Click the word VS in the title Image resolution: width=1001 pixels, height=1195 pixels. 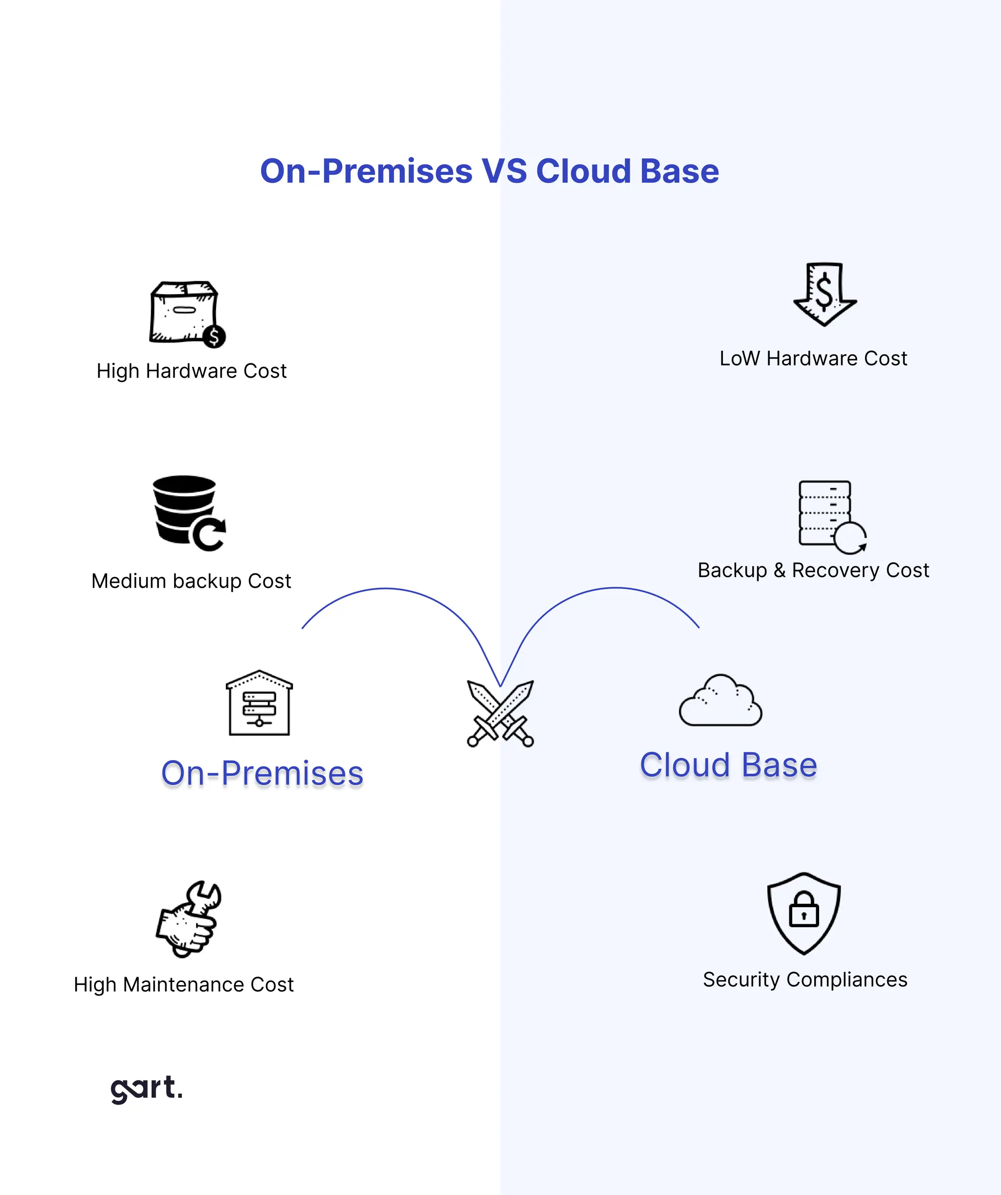pyautogui.click(x=504, y=171)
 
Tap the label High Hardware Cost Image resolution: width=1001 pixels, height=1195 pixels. pyautogui.click(x=191, y=371)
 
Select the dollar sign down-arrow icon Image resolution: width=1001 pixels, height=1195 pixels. pyautogui.click(x=825, y=294)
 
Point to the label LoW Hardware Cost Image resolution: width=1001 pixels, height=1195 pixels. pyautogui.click(x=813, y=359)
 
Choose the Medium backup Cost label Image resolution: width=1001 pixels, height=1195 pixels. pyautogui.click(x=191, y=581)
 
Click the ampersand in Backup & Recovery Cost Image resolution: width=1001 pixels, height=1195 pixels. pyautogui.click(x=779, y=570)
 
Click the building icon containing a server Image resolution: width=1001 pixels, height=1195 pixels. pyautogui.click(x=259, y=704)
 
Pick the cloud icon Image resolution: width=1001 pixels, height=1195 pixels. pyautogui.click(x=720, y=701)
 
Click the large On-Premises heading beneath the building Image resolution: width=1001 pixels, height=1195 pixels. pyautogui.click(x=262, y=773)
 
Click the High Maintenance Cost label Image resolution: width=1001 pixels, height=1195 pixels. pyautogui.click(x=183, y=984)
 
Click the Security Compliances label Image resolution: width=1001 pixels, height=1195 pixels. pyautogui.click(x=805, y=980)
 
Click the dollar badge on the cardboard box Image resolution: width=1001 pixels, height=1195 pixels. pyautogui.click(x=214, y=336)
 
